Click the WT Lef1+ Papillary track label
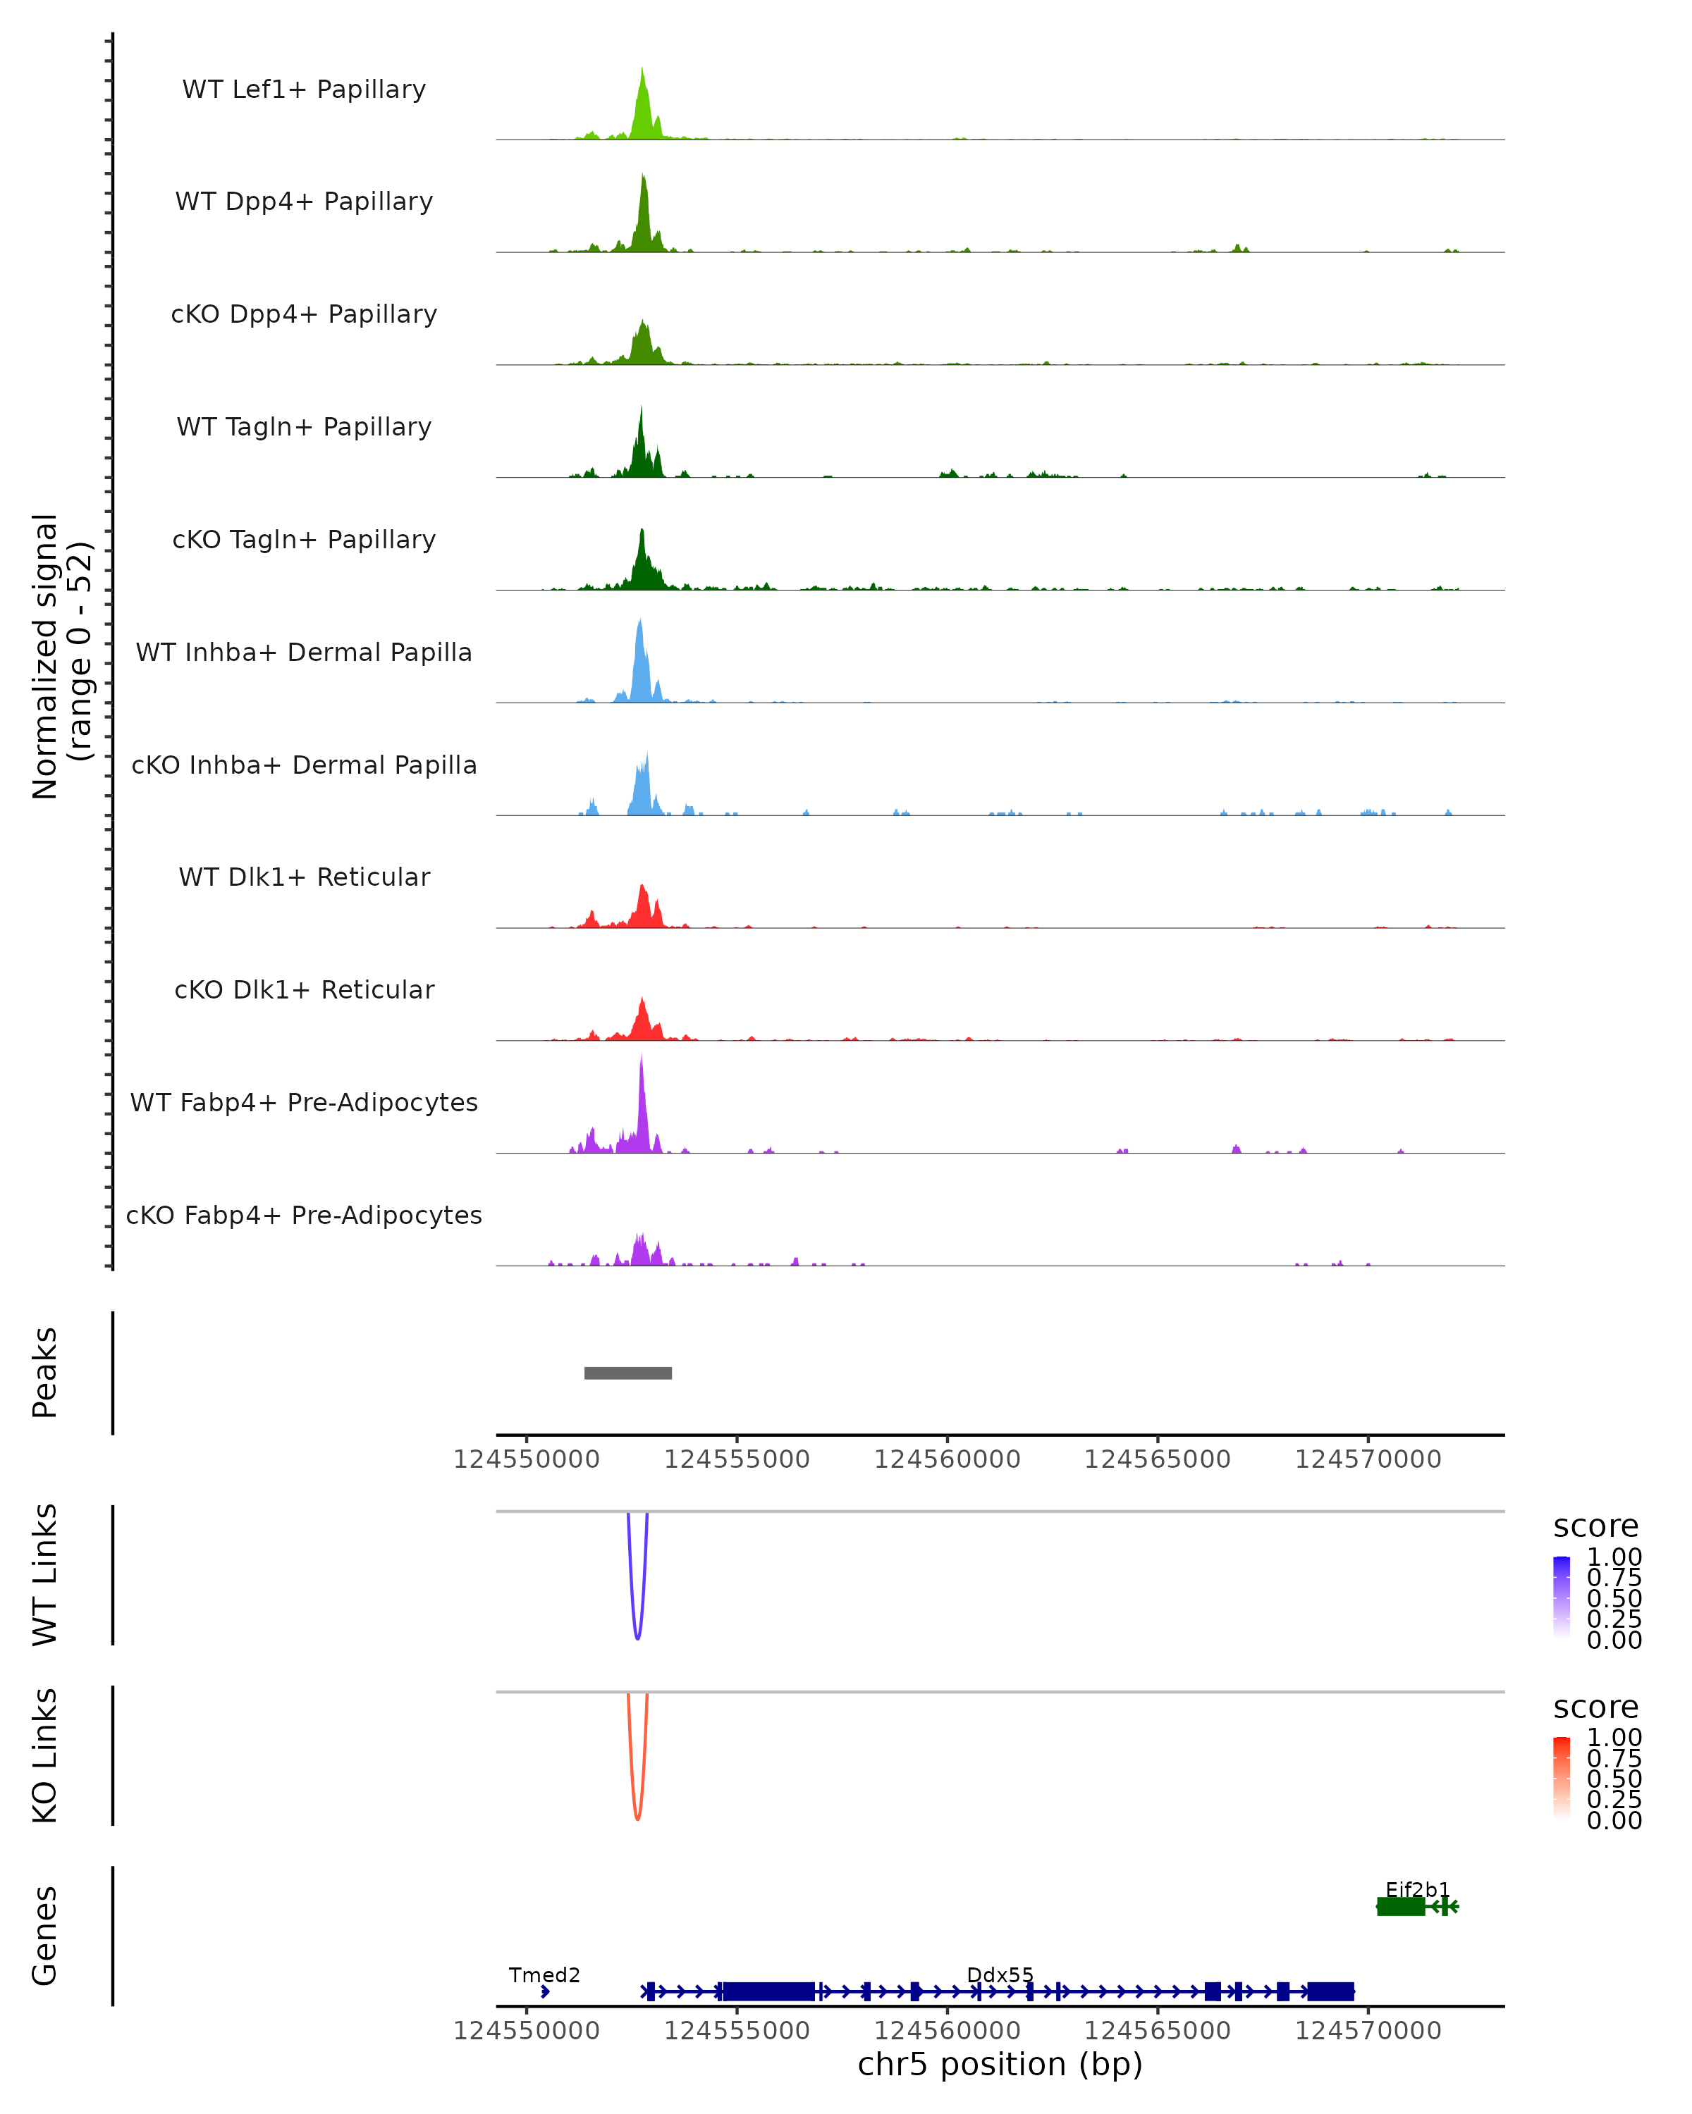click(x=304, y=89)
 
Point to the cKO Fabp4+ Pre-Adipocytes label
click(x=304, y=1215)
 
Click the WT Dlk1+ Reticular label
click(x=304, y=877)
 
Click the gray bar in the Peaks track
click(x=627, y=1373)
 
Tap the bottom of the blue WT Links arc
click(x=637, y=1638)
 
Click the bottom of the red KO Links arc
click(x=637, y=1818)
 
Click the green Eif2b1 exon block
click(x=1401, y=1906)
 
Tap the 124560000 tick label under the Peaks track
click(x=948, y=1459)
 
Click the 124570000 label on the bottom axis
click(x=1368, y=2031)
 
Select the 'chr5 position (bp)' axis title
click(x=1000, y=2065)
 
